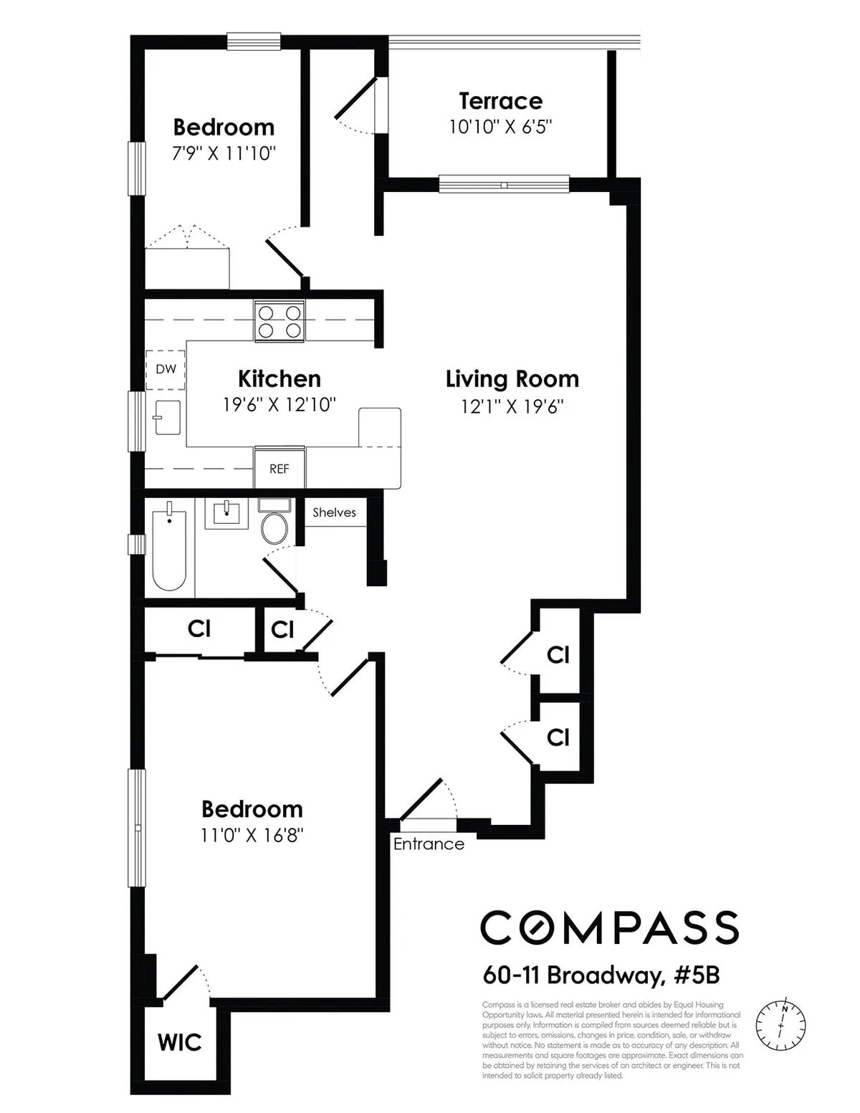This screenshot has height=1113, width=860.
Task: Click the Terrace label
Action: pos(500,101)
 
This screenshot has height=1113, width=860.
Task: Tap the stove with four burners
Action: pos(279,321)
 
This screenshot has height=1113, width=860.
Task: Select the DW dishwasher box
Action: pos(166,370)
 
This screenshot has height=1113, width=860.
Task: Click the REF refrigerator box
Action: pos(279,469)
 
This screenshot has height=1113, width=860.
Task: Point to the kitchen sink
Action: pos(167,417)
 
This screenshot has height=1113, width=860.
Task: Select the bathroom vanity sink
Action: pos(226,513)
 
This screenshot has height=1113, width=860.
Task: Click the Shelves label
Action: pos(334,512)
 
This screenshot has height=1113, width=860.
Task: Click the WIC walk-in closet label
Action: pos(179,1042)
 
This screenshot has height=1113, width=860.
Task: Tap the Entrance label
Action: pos(429,844)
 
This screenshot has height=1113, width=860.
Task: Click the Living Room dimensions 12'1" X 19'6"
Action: pos(512,407)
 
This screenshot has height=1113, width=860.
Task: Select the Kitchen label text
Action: pos(279,378)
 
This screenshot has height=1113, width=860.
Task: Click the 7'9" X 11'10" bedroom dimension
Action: pos(224,153)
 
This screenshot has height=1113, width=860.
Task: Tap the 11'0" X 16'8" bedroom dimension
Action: pos(252,836)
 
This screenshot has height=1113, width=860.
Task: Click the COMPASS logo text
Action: pos(609,927)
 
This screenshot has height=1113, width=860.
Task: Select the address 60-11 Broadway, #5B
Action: pos(601,975)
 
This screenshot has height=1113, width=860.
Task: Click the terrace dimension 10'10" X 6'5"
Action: pos(500,127)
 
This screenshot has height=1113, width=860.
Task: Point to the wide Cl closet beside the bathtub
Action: pos(199,629)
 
